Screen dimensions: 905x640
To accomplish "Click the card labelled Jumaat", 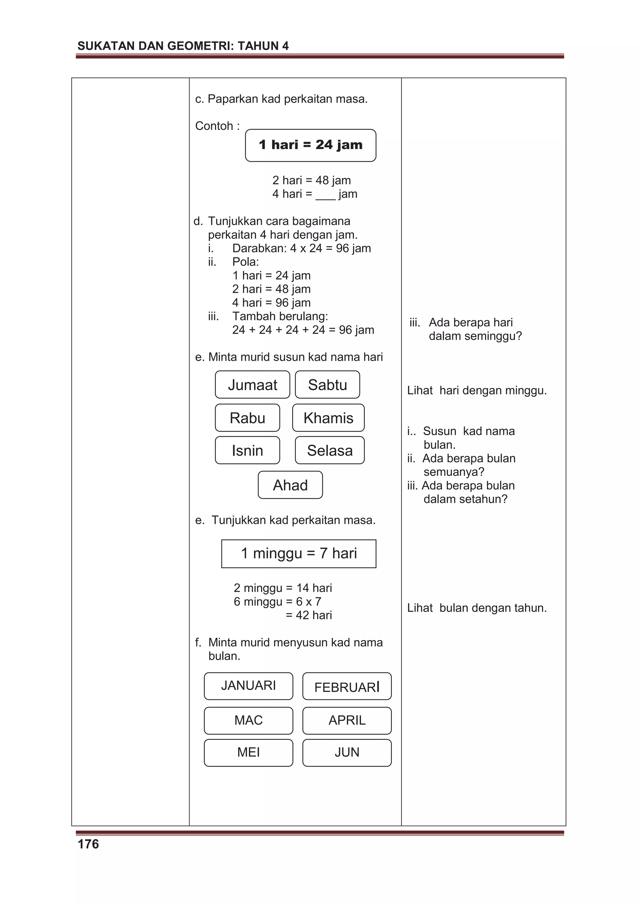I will (x=252, y=384).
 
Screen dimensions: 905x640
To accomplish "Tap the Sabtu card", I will (x=327, y=384).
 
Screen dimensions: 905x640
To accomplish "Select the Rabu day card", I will (x=247, y=417).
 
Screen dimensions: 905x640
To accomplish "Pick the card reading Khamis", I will (x=328, y=417).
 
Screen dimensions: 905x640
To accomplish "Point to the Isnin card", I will (x=247, y=450).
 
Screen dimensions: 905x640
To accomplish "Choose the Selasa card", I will (x=330, y=450).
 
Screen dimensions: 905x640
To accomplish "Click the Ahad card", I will (x=290, y=485).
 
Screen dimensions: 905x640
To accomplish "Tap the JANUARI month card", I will (x=248, y=685).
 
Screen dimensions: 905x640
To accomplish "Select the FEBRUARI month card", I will (x=347, y=686).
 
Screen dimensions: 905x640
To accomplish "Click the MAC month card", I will (x=248, y=720).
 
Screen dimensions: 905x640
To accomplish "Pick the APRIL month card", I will (x=347, y=720).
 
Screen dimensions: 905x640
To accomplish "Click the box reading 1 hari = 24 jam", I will (x=310, y=145).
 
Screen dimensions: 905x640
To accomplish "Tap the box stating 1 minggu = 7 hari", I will (x=298, y=554).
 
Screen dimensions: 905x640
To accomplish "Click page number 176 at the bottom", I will (x=88, y=844).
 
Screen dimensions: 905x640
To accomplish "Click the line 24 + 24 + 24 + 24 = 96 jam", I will (x=303, y=330).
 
